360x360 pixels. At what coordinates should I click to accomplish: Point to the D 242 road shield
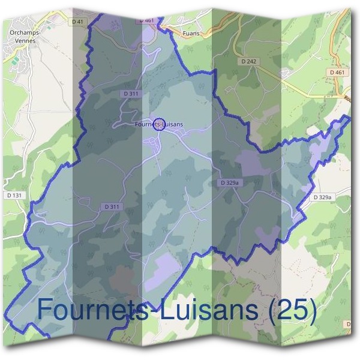[x=248, y=61]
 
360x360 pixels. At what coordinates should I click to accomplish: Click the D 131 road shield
[x=13, y=195]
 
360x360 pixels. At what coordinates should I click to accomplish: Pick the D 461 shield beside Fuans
[x=147, y=20]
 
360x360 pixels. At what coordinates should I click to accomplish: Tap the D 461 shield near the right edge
[x=337, y=72]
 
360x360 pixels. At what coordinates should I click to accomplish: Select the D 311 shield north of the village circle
[x=131, y=94]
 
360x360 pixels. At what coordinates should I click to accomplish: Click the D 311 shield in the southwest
[x=112, y=206]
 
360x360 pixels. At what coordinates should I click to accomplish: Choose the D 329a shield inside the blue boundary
[x=229, y=182]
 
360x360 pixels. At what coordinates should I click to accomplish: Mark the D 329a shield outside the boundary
[x=322, y=197]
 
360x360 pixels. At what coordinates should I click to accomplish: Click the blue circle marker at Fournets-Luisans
[x=159, y=124]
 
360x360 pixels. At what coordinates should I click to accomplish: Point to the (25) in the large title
[x=292, y=310]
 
